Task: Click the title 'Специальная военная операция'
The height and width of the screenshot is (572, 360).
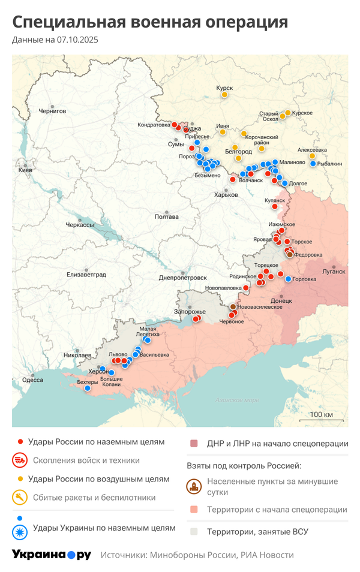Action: click(x=150, y=22)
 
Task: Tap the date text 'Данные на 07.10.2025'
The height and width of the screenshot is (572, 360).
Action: click(x=55, y=40)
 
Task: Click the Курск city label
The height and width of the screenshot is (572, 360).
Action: click(x=224, y=88)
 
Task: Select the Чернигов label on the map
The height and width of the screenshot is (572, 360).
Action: click(x=52, y=111)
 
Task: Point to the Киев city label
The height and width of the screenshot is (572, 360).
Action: click(x=25, y=170)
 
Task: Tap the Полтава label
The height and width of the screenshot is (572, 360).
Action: click(x=166, y=216)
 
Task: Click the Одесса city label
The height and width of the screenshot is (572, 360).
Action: click(x=32, y=380)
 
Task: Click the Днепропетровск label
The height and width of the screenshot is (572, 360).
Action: click(x=183, y=278)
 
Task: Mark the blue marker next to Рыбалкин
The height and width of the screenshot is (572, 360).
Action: click(x=313, y=164)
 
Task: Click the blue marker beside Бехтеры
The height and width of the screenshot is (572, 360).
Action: click(x=88, y=388)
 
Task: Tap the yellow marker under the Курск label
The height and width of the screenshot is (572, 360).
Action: click(x=224, y=95)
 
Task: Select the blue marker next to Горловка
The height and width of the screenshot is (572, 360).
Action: click(x=289, y=279)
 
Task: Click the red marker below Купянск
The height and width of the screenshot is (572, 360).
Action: click(x=275, y=207)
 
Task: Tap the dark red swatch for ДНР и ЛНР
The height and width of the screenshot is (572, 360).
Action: click(x=194, y=444)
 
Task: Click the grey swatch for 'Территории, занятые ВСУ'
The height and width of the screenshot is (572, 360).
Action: click(x=194, y=531)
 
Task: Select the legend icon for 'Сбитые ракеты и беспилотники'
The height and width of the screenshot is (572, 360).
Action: click(x=19, y=497)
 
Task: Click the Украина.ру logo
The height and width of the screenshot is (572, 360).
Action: click(x=51, y=555)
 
